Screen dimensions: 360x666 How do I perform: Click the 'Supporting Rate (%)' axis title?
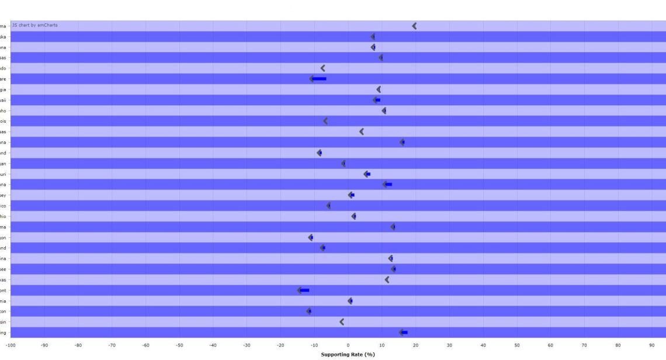point(348,354)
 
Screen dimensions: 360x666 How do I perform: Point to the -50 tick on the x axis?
point(179,345)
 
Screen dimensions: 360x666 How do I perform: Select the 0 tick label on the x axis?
point(348,345)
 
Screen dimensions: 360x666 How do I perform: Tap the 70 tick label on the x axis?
point(584,345)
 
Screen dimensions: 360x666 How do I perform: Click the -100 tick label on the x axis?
point(11,345)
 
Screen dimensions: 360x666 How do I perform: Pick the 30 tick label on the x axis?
point(449,345)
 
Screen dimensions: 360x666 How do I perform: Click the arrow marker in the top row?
point(414,26)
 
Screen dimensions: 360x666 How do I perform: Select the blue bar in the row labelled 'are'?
point(319,78)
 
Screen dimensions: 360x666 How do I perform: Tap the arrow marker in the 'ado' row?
point(322,68)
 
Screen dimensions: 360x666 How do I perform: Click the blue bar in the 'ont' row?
point(304,290)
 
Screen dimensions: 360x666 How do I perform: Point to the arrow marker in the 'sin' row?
point(342,321)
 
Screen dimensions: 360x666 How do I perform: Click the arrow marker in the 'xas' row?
point(387,279)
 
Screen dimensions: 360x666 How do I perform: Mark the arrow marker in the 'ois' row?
point(325,121)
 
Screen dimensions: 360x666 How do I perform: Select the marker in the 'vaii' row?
point(376,100)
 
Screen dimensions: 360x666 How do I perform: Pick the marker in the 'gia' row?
point(379,89)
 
